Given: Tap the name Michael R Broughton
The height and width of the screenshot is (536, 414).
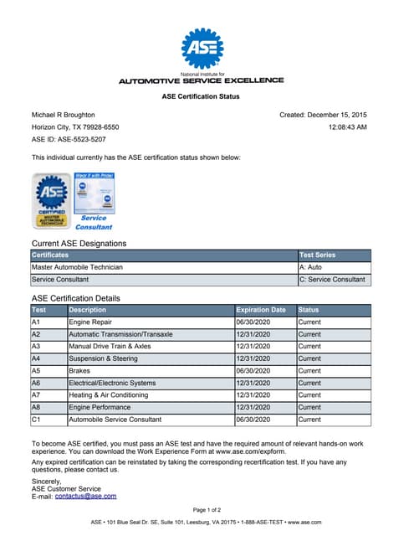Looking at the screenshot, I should [x=64, y=115].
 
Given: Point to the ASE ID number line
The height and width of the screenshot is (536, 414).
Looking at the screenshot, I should [x=69, y=139].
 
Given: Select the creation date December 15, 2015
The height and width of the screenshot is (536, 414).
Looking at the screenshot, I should [x=324, y=115].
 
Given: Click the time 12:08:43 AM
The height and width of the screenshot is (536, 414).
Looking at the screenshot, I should [x=347, y=126].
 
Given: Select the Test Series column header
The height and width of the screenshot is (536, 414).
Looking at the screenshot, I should [x=318, y=255].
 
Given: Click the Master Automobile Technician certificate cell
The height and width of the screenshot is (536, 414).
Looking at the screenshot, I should [x=77, y=267].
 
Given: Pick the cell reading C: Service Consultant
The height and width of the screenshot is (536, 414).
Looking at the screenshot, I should [x=332, y=280].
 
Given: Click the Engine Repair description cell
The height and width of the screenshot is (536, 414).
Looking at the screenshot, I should [x=89, y=322].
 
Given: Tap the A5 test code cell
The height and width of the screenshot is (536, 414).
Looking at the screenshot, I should [x=37, y=370].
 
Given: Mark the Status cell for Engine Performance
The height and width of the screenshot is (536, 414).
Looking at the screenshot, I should [x=309, y=407].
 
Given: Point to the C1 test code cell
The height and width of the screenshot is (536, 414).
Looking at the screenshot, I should [x=37, y=420].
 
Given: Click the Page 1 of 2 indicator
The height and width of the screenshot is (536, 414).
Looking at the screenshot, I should [x=207, y=509].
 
